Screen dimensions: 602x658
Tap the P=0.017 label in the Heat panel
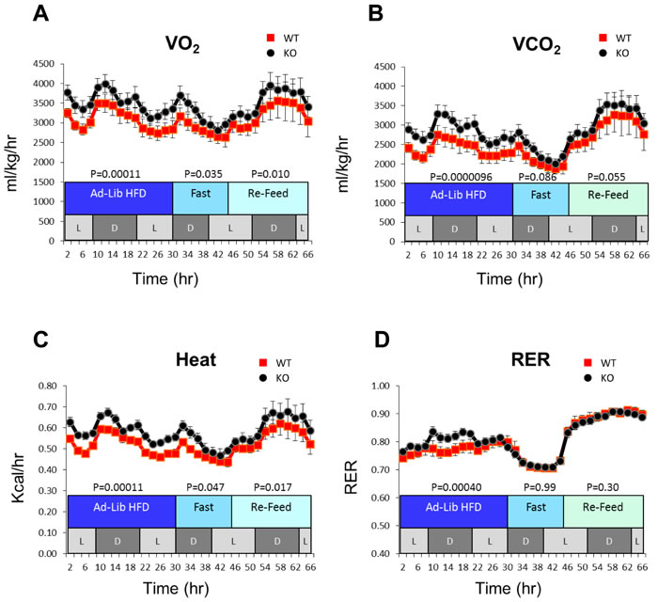269,487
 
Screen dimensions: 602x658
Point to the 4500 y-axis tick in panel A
40,65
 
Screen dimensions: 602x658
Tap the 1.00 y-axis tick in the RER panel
381,386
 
